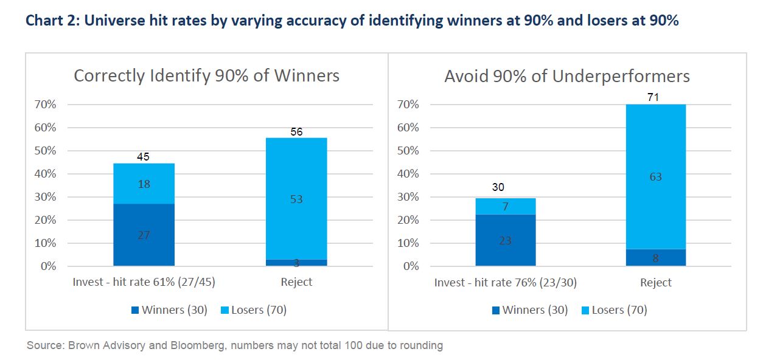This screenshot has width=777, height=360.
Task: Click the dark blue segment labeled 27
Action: (144, 235)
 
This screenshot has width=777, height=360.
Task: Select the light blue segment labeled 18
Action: (144, 184)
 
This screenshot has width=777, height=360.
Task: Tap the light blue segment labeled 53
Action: (296, 199)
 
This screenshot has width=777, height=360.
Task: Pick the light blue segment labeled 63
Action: (655, 177)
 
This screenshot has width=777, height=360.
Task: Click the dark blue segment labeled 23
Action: (505, 240)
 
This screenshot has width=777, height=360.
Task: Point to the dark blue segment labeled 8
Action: (655, 258)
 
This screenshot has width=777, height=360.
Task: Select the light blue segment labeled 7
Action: (505, 207)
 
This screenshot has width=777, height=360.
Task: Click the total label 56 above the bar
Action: (296, 132)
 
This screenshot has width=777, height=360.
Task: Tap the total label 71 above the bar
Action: (655, 97)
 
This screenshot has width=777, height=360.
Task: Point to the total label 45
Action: (144, 157)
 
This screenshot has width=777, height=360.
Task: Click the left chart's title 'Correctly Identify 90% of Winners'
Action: (206, 76)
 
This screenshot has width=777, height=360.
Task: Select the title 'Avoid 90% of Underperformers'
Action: (566, 77)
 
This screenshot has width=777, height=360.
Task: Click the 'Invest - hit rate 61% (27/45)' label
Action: (144, 282)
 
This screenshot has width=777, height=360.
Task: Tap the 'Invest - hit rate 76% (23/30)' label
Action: (505, 283)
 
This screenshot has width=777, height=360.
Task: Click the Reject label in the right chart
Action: (655, 283)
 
